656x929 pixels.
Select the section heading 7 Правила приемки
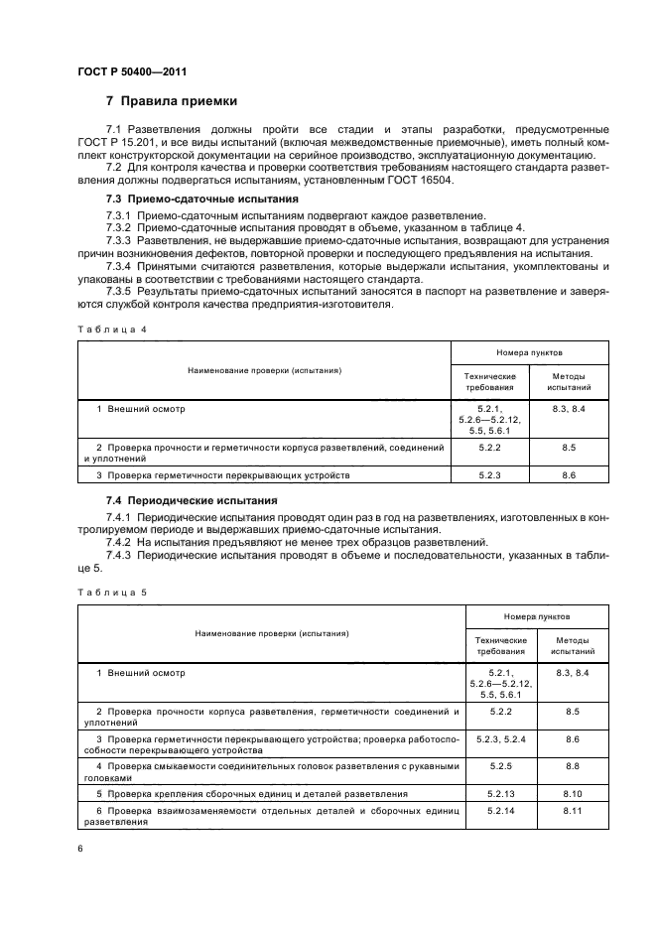(x=171, y=101)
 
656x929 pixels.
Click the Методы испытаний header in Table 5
(x=569, y=647)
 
